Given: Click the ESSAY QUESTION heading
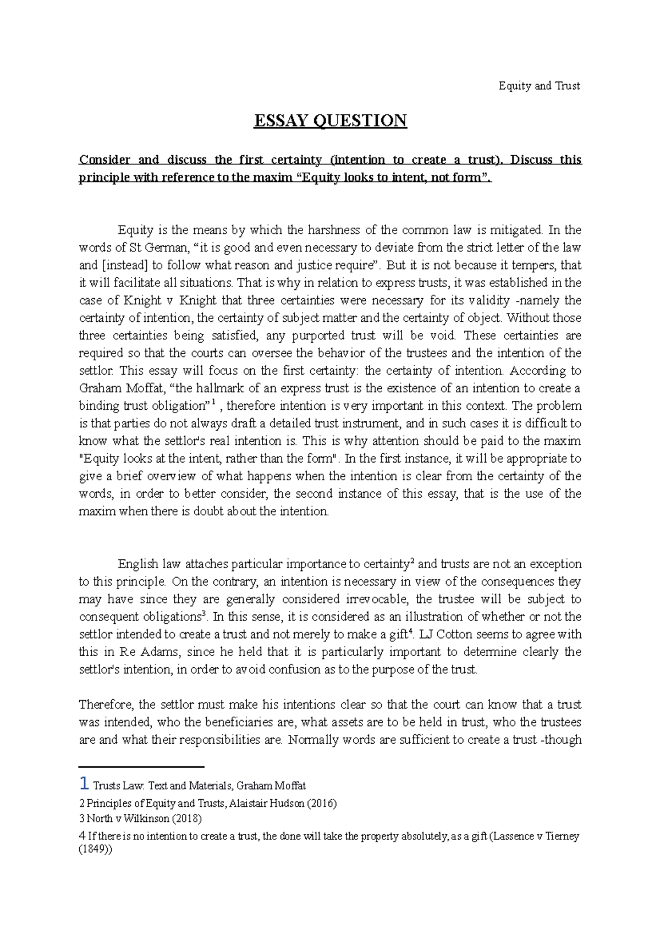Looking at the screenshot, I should pyautogui.click(x=330, y=120).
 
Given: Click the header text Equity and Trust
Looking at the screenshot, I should pyautogui.click(x=539, y=86).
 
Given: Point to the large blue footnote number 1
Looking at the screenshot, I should pyautogui.click(x=84, y=783).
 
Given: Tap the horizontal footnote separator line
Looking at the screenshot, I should pyautogui.click(x=141, y=766).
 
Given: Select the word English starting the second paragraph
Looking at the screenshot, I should pyautogui.click(x=137, y=564).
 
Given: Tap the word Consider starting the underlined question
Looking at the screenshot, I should pyautogui.click(x=105, y=160).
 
